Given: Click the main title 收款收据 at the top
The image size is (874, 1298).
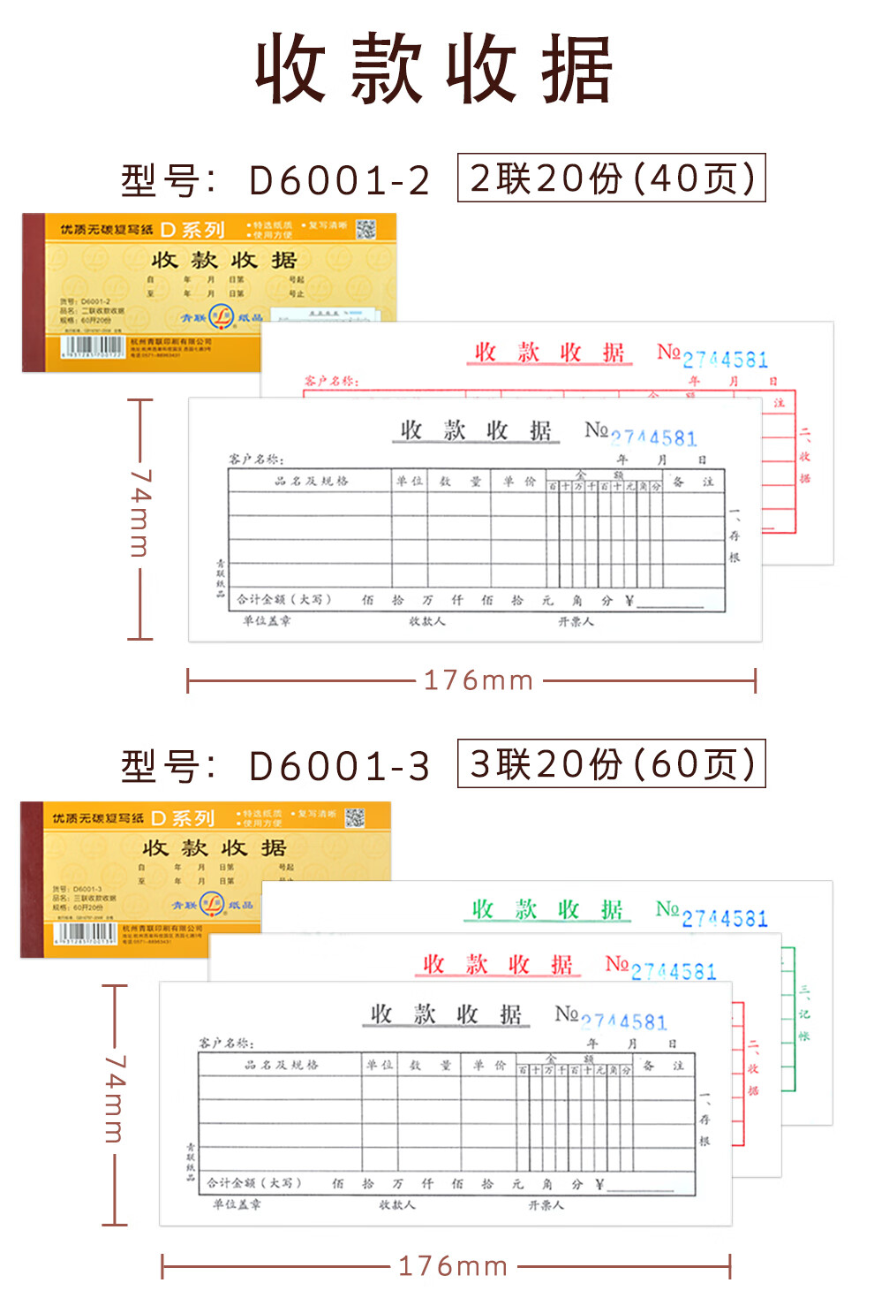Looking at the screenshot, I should pos(434,69).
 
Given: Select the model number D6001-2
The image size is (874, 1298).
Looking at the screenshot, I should pos(339,180).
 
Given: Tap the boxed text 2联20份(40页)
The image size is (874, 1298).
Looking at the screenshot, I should pos(611,178).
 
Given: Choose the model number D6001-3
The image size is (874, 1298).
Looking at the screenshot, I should pos(339,766).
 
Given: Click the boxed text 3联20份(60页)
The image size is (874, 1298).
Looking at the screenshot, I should pos(611,763).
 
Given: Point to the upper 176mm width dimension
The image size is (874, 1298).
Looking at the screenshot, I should pos(478,680).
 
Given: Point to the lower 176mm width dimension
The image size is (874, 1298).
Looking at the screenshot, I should pos(453,1266).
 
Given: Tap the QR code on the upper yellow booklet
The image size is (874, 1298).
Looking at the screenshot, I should pos(365,229).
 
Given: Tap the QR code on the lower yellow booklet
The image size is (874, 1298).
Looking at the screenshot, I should pos(355,817).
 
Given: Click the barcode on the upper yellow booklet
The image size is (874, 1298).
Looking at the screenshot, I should pos(92,345).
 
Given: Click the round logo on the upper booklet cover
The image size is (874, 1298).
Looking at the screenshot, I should pos(221,315).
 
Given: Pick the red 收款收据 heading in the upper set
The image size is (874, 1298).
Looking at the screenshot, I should pos(549,353).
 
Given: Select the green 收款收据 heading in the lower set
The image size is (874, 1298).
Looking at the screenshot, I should pos(547,909).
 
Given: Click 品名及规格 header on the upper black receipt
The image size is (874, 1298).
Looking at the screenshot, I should pos(312,481).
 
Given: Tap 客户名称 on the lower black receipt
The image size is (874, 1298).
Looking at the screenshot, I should pos(226,1043).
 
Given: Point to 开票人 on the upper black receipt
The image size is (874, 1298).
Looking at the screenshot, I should pos(576,621).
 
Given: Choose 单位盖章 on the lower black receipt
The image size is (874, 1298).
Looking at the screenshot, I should pos(237,1204).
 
